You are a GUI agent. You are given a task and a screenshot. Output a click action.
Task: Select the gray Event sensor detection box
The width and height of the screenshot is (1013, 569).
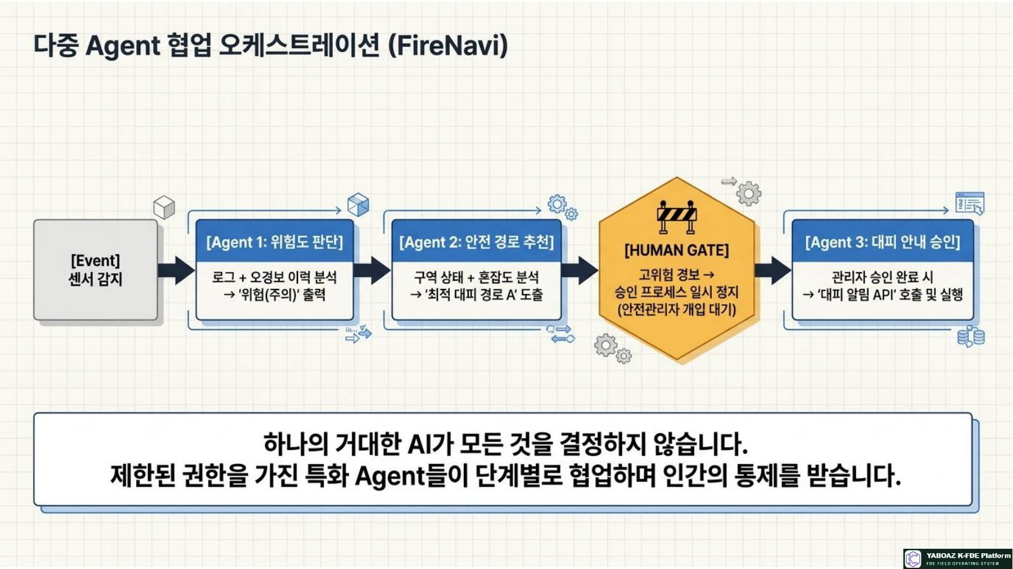point(96,270)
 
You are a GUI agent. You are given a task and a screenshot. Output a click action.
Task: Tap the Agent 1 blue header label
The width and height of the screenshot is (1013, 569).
point(275,242)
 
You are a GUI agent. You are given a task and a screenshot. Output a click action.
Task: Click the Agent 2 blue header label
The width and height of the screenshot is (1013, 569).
point(476,242)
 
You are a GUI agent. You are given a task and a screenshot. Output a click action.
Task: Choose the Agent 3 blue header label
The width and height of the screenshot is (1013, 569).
point(882,242)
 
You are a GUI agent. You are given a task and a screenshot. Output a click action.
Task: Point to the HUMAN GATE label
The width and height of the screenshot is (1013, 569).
point(676,250)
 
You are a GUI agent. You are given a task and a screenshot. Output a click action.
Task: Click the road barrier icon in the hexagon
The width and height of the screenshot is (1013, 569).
point(676,217)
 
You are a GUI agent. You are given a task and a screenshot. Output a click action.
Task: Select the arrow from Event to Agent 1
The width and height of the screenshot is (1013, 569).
point(177,270)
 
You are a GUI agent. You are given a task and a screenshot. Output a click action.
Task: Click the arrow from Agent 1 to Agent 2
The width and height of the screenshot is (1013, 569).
point(372,270)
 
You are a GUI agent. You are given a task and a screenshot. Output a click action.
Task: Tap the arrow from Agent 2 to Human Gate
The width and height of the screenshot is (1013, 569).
point(580,270)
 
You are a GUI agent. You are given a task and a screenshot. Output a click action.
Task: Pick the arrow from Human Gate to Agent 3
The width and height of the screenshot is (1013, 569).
point(773,270)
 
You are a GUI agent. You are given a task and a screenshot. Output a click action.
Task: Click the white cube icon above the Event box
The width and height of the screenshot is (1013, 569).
point(164,207)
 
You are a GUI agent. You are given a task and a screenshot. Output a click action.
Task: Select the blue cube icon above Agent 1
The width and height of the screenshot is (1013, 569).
point(358,205)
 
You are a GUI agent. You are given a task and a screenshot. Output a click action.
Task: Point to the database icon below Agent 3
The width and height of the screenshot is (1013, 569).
point(971,336)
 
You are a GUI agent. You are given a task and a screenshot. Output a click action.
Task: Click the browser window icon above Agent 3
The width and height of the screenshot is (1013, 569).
point(969,203)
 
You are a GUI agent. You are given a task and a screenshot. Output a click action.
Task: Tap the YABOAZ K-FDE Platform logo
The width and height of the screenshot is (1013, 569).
point(957,559)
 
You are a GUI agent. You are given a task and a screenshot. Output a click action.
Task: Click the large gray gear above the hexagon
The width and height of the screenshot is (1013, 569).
point(749,193)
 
